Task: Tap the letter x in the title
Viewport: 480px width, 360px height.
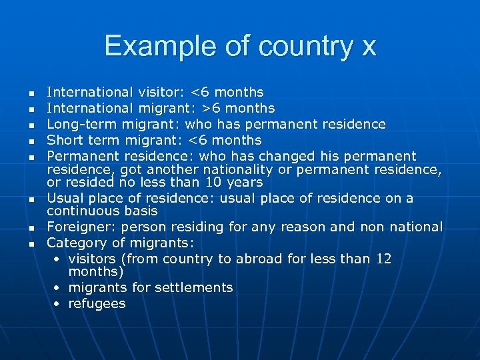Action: pyautogui.click(x=368, y=47)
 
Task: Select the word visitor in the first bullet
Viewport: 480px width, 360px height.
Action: pyautogui.click(x=163, y=92)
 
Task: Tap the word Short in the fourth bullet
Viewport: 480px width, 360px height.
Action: pyautogui.click(x=65, y=140)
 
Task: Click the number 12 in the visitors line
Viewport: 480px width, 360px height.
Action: pyautogui.click(x=383, y=259)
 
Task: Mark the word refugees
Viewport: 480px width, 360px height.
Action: pyautogui.click(x=97, y=303)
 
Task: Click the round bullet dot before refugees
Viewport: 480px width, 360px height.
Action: pyautogui.click(x=58, y=304)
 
